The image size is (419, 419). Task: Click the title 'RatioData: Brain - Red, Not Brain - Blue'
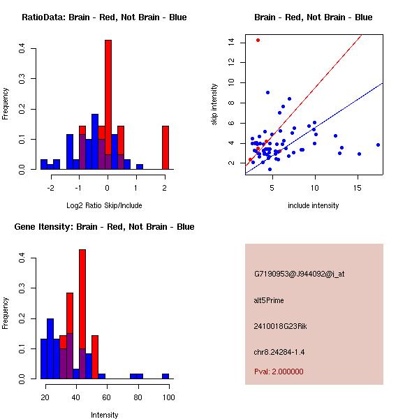point(104,17)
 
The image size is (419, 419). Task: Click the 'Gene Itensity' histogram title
point(104,227)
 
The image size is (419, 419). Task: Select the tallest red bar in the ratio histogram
point(108,105)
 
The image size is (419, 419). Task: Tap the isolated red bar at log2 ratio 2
point(166,147)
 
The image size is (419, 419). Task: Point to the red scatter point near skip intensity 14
point(258,40)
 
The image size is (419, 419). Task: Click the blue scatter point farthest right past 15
point(378,145)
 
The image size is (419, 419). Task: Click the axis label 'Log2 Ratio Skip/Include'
point(104,206)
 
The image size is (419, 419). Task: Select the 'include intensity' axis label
point(314,206)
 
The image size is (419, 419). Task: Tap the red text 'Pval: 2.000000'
point(279,372)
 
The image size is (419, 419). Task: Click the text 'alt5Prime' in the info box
point(269,301)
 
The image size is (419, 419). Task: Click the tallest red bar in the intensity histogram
point(82,314)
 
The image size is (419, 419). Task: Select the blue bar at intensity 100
point(166,376)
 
